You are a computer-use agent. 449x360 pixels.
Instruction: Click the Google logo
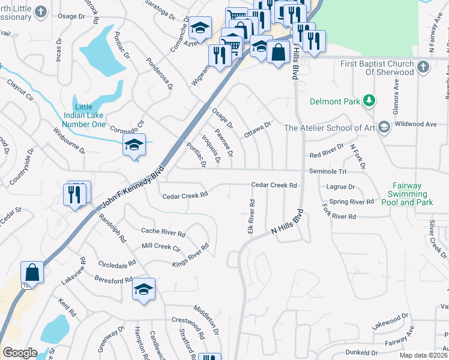20,353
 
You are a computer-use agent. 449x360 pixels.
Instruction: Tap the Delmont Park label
335,101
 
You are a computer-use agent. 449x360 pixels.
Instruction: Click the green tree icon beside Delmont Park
371,100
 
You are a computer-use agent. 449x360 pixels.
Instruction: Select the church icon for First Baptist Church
423,67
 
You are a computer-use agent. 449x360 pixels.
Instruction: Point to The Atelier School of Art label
329,128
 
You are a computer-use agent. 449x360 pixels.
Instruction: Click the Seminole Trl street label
325,172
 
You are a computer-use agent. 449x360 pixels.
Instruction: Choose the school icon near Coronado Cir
134,145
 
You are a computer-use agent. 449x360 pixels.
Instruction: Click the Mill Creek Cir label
161,247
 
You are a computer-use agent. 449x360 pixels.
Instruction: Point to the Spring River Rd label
352,202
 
